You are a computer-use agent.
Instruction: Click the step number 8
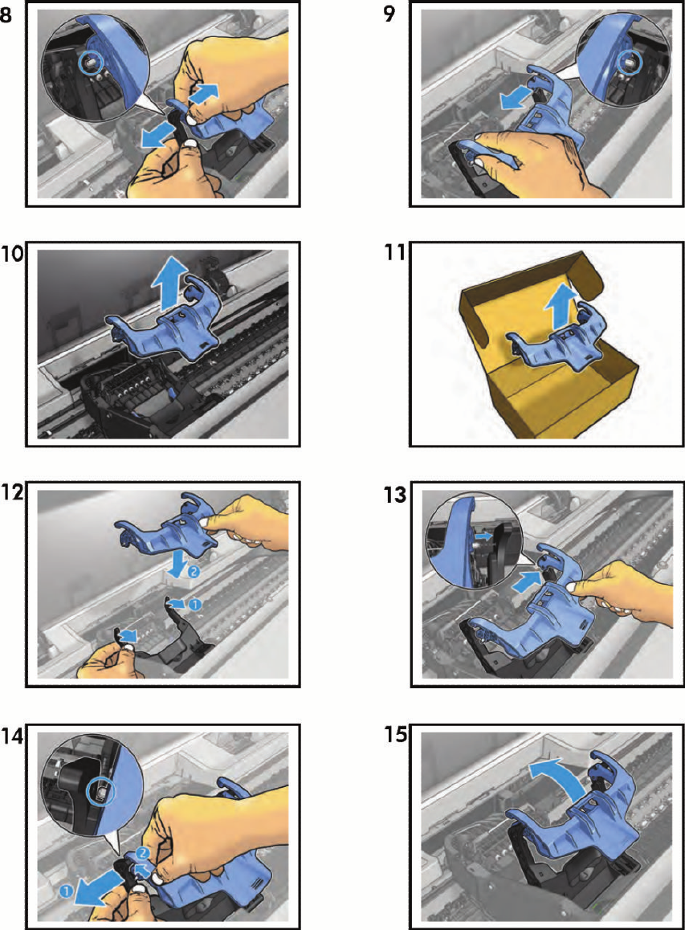click(x=6, y=14)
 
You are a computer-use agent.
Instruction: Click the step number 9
click(x=389, y=13)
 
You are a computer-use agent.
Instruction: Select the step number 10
click(x=12, y=253)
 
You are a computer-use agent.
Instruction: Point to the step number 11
click(x=395, y=252)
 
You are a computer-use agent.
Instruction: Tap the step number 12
click(x=12, y=492)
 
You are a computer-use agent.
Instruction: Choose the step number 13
click(x=396, y=494)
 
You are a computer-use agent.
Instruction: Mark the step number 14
click(x=12, y=736)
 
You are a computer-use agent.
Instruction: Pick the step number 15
click(x=396, y=734)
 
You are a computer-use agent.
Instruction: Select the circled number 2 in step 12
click(x=194, y=572)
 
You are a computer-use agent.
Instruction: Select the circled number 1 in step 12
click(x=194, y=605)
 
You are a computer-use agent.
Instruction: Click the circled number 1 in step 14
click(x=66, y=891)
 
